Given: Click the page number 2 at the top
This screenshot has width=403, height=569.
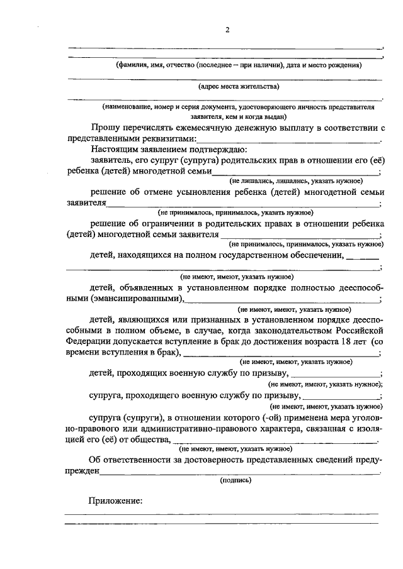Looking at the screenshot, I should pyautogui.click(x=227, y=30).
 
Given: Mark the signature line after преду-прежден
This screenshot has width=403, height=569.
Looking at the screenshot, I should pyautogui.click(x=240, y=470).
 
